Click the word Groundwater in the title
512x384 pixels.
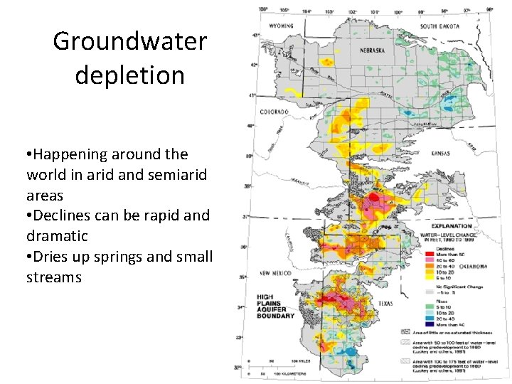[x=129, y=41]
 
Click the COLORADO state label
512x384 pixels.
[x=273, y=112]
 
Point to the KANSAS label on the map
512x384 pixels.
[x=449, y=152]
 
